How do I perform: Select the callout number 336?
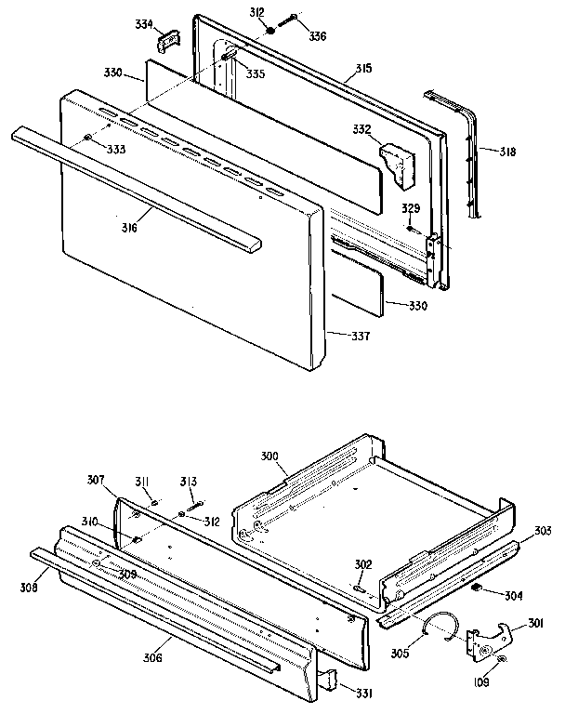pos(318,36)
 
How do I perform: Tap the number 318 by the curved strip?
pos(507,151)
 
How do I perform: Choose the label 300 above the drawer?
pos(269,457)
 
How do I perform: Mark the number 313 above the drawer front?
pos(189,481)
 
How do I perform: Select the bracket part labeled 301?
pos(490,638)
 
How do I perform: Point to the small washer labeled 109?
pos(501,660)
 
